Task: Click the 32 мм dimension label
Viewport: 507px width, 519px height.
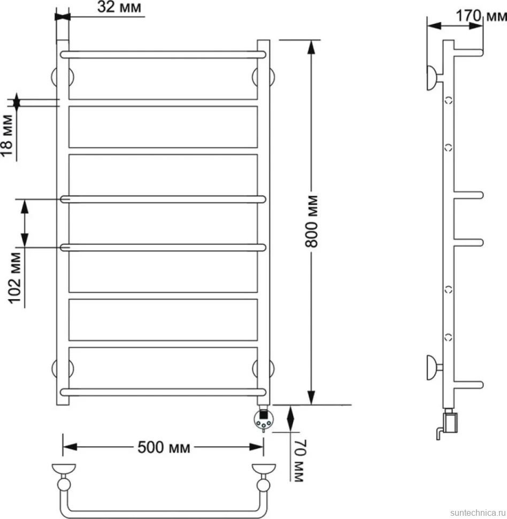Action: [119, 7]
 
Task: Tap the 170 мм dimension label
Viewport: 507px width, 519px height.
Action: [481, 16]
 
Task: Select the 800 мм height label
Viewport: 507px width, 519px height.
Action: [311, 222]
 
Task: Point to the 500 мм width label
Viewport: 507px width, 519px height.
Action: [164, 447]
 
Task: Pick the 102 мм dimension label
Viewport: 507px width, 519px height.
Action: [14, 278]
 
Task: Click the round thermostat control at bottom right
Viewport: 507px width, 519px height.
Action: [264, 419]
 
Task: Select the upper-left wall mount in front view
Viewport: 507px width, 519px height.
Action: [63, 77]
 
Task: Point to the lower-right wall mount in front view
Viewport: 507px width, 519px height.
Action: [263, 369]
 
